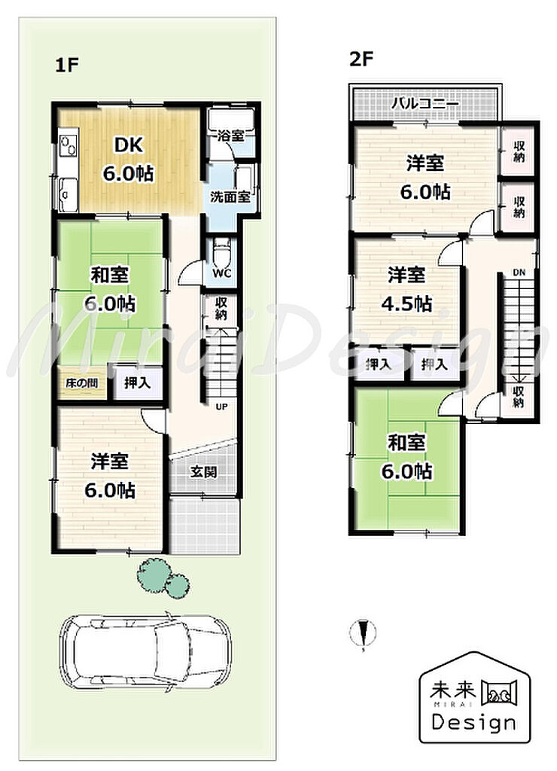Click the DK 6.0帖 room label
128,159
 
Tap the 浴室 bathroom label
230,136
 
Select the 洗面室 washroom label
230,197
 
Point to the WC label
221,273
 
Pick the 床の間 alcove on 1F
81,382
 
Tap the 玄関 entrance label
203,473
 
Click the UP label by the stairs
222,407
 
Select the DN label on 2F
519,273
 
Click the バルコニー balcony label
426,104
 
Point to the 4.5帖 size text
406,304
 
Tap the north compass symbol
364,632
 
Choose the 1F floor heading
67,65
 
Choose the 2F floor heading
361,59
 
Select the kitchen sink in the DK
68,195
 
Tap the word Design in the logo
474,722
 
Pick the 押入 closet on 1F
137,382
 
